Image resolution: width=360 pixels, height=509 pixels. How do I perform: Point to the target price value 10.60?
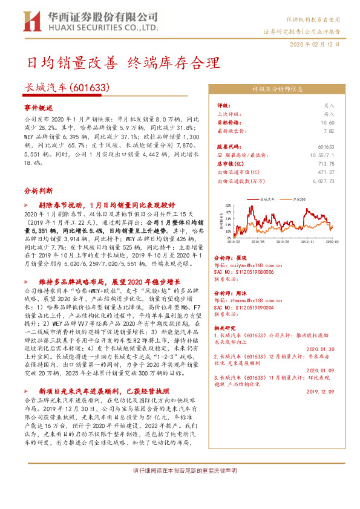click(328, 122)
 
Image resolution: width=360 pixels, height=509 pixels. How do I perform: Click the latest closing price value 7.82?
click(329, 130)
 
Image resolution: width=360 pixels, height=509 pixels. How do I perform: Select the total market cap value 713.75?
click(327, 163)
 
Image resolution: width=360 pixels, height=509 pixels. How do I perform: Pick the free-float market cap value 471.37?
click(327, 172)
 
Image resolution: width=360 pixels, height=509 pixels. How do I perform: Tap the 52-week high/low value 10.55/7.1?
click(323, 155)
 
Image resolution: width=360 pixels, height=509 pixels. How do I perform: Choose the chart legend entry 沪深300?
click(298, 198)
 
